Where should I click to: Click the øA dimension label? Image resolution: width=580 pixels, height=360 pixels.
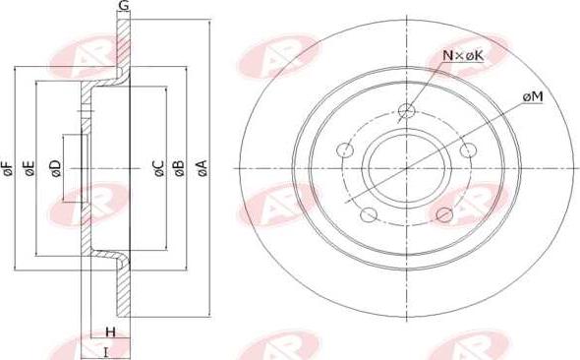pos(202,168)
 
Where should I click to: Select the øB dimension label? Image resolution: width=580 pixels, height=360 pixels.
pos(179,168)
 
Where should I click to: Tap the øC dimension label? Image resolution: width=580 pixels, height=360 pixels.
pos(159,168)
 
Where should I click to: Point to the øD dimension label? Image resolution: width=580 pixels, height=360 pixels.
pos(55,168)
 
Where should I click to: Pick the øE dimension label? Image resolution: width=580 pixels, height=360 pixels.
pos(29,168)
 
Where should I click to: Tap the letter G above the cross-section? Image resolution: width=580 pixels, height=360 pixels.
pos(124,5)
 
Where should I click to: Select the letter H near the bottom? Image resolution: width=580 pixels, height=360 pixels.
pos(111,331)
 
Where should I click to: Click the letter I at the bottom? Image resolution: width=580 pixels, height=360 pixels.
pos(106,352)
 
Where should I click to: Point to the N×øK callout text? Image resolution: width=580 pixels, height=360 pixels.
pos(463,55)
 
